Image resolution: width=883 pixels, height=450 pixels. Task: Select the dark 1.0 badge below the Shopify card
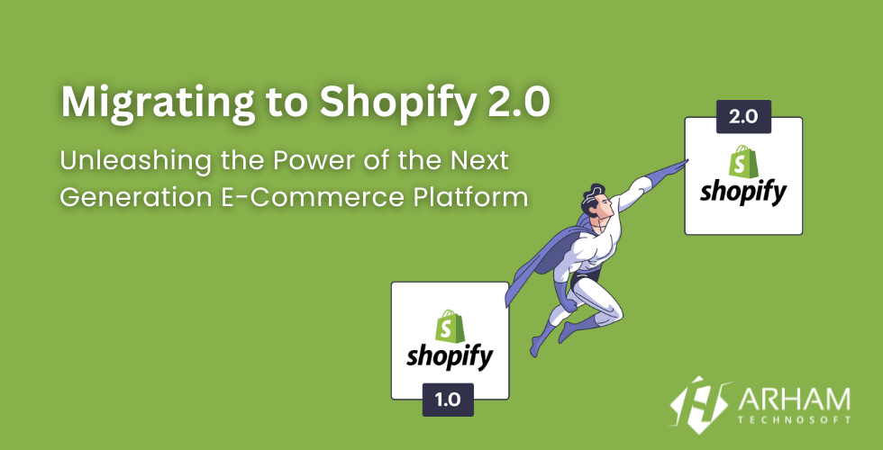(447, 400)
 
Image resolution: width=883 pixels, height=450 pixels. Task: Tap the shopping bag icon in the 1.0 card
(448, 325)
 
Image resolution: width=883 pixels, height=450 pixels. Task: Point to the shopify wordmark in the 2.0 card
(744, 193)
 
